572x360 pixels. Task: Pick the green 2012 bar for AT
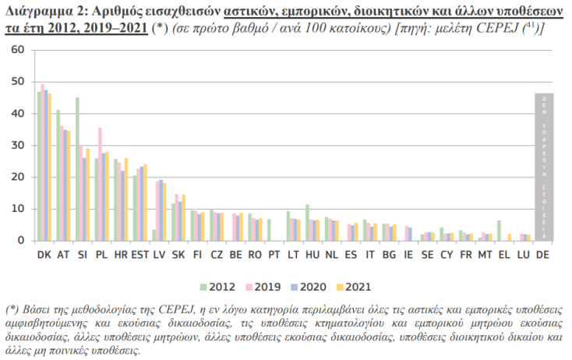(58, 175)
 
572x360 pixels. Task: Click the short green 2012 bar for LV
(154, 235)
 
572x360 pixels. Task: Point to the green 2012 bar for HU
(307, 222)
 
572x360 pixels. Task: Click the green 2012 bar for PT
(269, 230)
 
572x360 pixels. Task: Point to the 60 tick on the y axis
(19, 50)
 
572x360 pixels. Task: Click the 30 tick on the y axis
(19, 146)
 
